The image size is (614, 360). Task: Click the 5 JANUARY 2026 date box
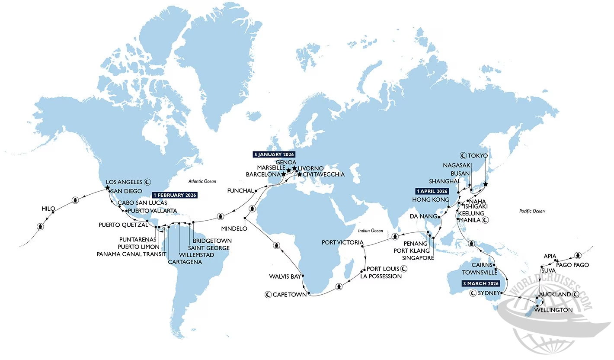(x=274, y=154)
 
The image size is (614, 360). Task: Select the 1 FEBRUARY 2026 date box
(x=175, y=195)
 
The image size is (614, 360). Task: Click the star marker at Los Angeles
(x=107, y=188)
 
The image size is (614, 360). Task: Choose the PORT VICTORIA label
(x=339, y=242)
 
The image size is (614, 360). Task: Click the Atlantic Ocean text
(x=202, y=181)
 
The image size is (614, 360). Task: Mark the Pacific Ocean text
(x=532, y=211)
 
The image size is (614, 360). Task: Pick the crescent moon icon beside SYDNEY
(x=473, y=293)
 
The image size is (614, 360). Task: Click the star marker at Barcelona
(x=284, y=174)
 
